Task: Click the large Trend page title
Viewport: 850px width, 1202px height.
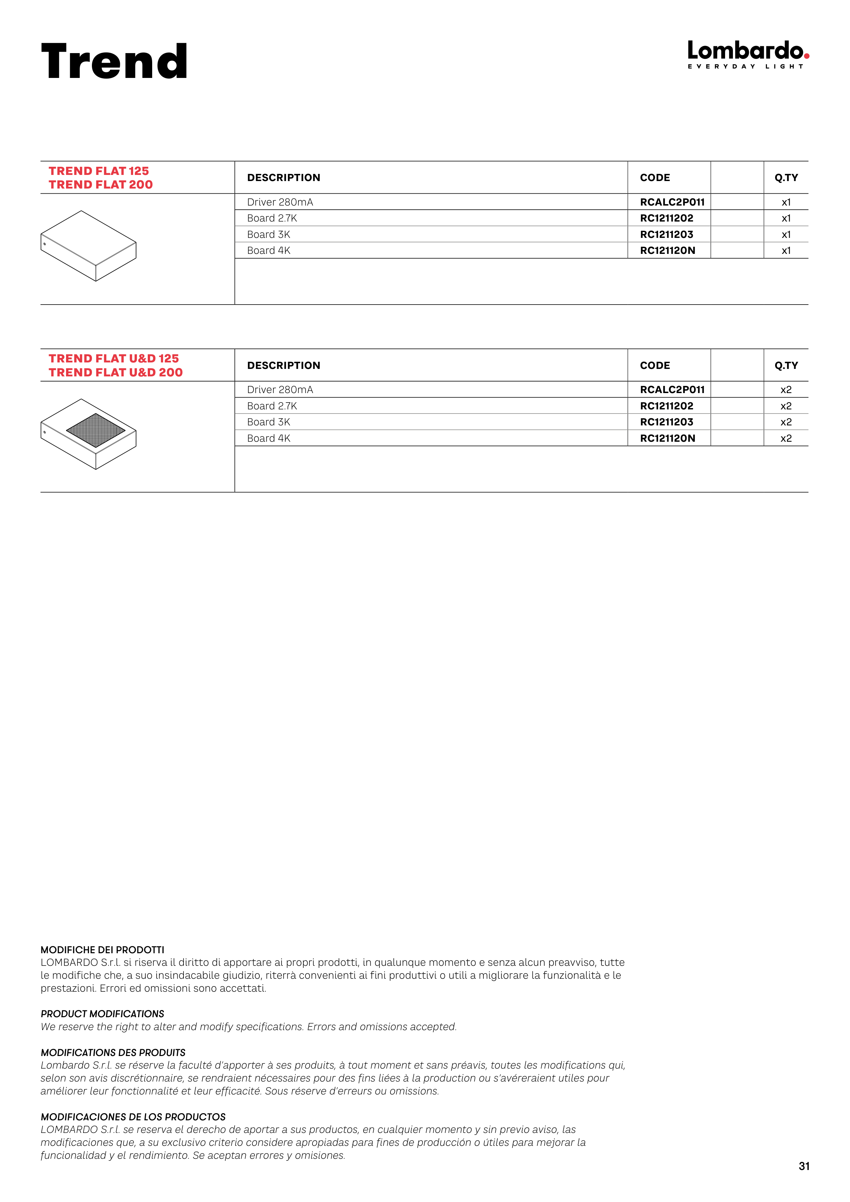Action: pos(114,62)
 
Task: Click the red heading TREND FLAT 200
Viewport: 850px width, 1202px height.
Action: pos(100,185)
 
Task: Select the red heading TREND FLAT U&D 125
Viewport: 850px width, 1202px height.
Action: pos(114,359)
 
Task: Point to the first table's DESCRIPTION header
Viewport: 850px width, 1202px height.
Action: pos(283,177)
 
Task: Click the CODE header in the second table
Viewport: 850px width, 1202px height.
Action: pos(655,366)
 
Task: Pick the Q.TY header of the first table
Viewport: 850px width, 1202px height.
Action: pos(786,177)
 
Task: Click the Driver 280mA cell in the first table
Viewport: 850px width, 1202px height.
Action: pos(280,202)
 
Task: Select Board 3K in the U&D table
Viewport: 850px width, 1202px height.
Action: pos(268,422)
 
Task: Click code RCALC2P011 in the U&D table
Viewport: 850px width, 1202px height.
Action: pos(672,390)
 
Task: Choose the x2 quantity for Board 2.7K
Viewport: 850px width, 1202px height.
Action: pos(786,406)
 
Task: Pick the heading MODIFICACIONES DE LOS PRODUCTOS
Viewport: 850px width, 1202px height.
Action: pos(133,1117)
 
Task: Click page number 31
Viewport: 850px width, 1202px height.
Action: pos(804,1166)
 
